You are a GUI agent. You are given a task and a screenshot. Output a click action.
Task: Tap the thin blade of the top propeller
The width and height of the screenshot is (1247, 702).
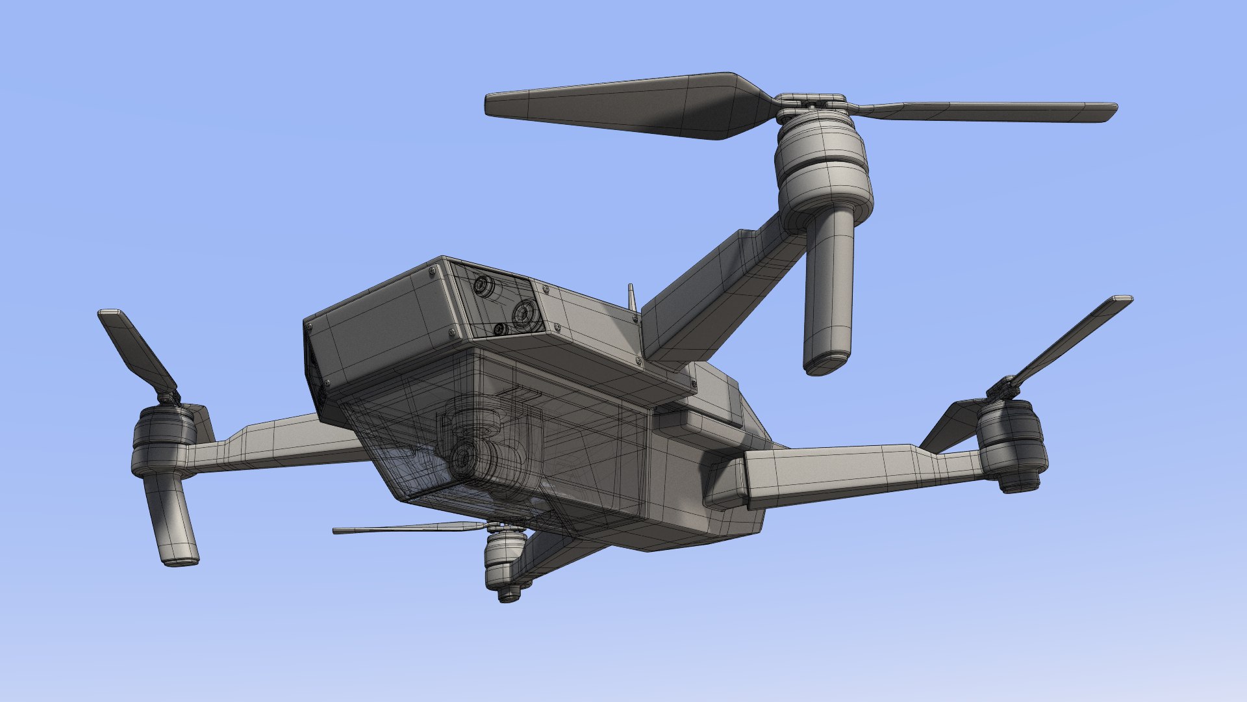click(x=987, y=111)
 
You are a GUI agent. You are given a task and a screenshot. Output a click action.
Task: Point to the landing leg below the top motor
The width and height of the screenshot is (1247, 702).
click(x=829, y=292)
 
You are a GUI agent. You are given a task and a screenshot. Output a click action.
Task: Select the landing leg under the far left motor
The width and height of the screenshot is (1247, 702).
click(x=170, y=520)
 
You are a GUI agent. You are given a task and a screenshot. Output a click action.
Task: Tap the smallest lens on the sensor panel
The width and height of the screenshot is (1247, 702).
click(x=500, y=330)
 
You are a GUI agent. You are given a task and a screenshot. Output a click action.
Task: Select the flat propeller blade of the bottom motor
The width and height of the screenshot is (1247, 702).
click(x=409, y=528)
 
